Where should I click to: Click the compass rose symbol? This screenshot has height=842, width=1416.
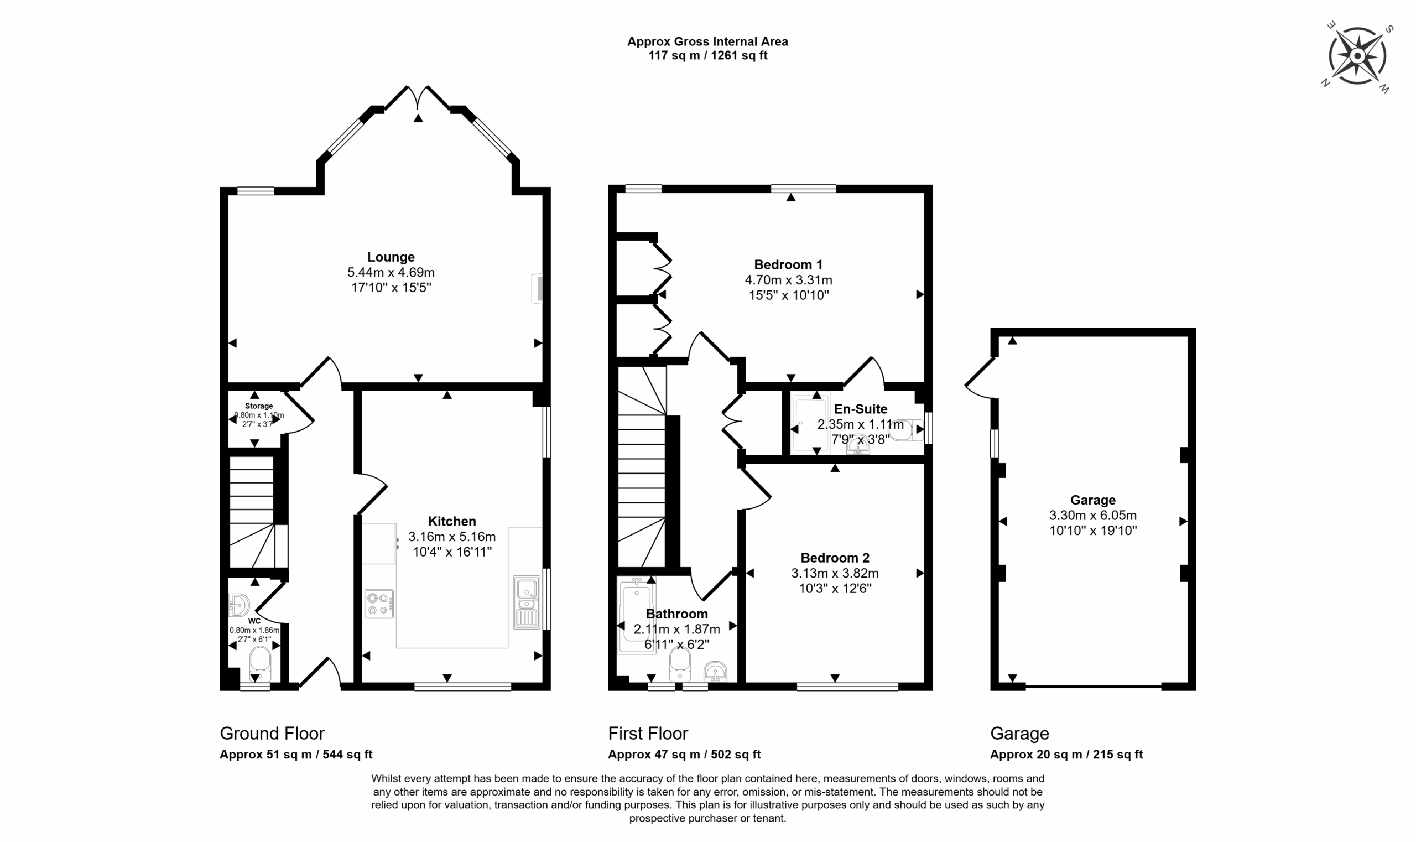[1357, 57]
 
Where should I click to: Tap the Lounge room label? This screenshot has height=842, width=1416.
[391, 257]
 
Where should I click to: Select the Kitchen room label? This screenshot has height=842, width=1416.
[451, 521]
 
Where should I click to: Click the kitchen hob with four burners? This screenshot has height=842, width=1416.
[379, 604]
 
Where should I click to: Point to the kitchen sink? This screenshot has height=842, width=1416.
[527, 602]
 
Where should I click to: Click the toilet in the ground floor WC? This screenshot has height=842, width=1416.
[261, 663]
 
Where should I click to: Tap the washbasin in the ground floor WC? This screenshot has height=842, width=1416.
[239, 605]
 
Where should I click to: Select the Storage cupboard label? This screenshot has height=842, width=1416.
[259, 406]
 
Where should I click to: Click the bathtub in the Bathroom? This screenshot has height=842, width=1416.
[636, 616]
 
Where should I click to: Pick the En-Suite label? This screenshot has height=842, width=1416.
[860, 408]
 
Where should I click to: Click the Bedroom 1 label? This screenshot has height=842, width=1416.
[788, 264]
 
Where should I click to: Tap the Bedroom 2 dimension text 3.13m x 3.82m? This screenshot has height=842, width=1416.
[835, 573]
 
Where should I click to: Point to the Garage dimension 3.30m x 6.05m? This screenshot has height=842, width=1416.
[1092, 515]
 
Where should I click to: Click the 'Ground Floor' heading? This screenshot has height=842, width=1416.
[272, 734]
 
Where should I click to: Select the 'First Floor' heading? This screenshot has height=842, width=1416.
[648, 734]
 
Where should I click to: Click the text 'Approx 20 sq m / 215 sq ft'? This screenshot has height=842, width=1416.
[1066, 755]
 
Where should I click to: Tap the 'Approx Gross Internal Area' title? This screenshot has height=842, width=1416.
[707, 41]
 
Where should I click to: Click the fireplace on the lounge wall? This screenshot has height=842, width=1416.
[537, 289]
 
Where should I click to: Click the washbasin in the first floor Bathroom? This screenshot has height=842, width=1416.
[715, 672]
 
